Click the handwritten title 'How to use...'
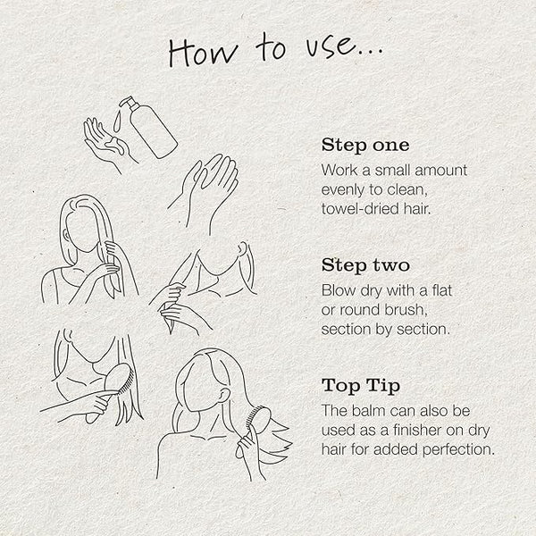pos(275,51)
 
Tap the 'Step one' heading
pos(365,146)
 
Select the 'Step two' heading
pos(365,265)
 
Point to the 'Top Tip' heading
pos(361,386)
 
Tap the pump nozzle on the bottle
pos(127,102)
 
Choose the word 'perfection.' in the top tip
pos(458,450)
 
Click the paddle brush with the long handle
pos(109,393)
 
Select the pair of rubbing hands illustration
pos(205,192)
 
